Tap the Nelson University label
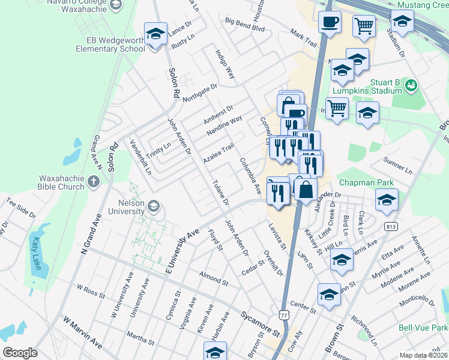(x=126, y=207)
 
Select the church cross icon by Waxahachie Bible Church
(x=93, y=181)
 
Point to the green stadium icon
(x=411, y=86)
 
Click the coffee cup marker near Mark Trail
(x=329, y=23)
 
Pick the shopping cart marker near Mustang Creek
(x=364, y=26)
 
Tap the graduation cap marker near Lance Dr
(x=155, y=34)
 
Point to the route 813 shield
(x=392, y=226)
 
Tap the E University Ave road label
(x=182, y=246)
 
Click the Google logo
(x=20, y=352)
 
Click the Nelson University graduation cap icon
(x=154, y=207)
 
